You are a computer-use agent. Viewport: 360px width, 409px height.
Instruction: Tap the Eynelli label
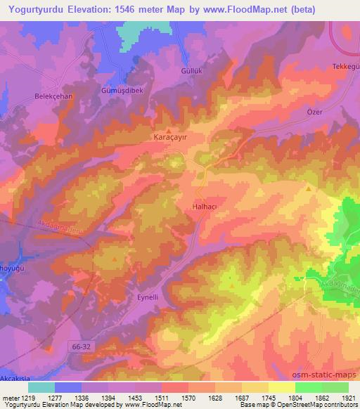(148, 297)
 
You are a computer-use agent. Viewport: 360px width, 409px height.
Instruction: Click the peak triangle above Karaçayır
(169, 130)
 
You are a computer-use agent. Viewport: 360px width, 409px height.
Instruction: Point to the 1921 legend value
(347, 398)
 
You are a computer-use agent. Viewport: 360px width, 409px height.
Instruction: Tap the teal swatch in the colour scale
(41, 387)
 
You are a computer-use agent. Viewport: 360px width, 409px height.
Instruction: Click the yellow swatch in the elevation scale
(281, 387)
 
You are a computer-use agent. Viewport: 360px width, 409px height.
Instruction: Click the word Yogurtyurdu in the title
(36, 9)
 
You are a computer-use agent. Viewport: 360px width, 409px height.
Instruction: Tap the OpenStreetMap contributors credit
(323, 405)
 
